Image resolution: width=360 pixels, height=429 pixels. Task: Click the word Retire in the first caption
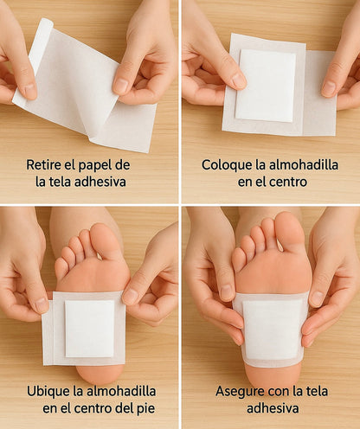45,163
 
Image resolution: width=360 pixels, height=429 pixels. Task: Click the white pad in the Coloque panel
266,85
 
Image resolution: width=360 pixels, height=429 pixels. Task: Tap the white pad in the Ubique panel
89,328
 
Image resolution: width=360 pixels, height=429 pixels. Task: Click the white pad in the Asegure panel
270,329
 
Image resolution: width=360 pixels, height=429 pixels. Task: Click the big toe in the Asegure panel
289,231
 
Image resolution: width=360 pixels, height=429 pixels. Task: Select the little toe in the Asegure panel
239,259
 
